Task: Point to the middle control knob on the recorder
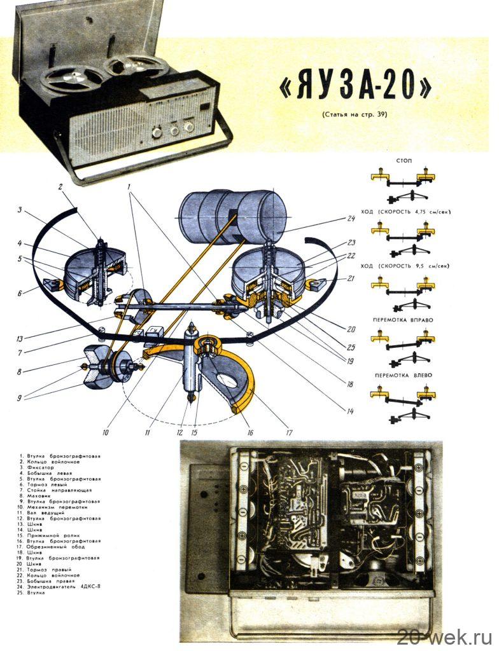pos(172,130)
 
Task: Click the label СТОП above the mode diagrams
pos(404,161)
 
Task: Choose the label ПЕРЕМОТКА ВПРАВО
pos(404,320)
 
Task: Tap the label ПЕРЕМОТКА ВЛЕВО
pos(404,375)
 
